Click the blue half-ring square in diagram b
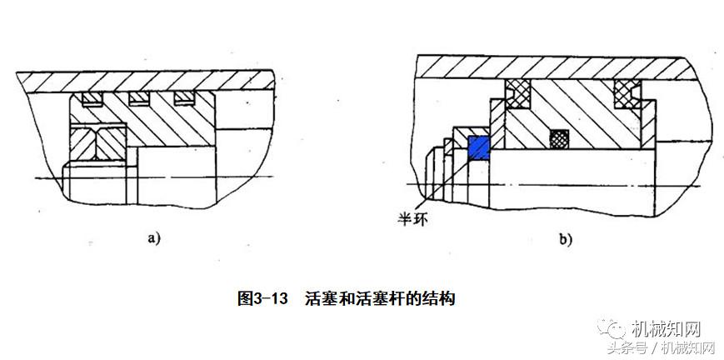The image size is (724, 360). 477,147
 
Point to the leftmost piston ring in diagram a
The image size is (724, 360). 92,100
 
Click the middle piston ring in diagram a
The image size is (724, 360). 138,100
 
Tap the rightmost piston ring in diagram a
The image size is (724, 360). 184,100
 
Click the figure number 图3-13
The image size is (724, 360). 263,297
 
